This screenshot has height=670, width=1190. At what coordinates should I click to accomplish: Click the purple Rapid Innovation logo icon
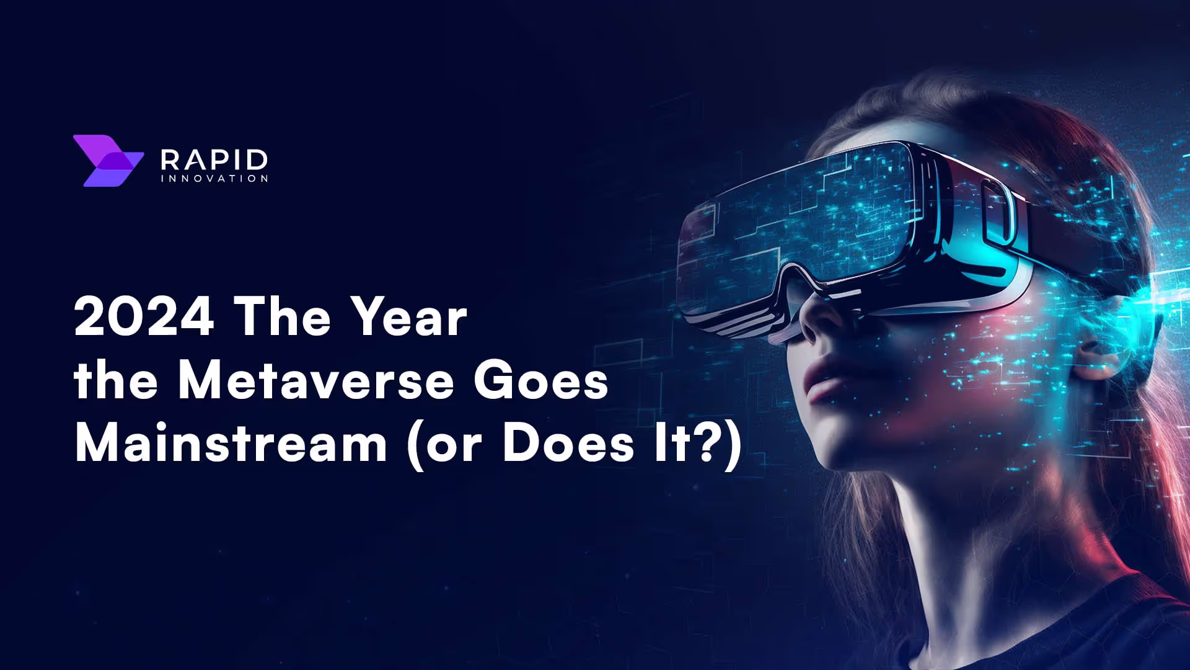tap(107, 161)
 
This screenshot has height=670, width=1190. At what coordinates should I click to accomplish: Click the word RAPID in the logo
tap(214, 159)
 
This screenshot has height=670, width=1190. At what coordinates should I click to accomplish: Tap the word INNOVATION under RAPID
tap(214, 179)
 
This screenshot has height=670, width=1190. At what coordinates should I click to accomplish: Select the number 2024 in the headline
tap(144, 317)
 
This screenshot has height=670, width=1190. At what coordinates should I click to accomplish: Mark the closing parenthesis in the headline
tap(733, 445)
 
